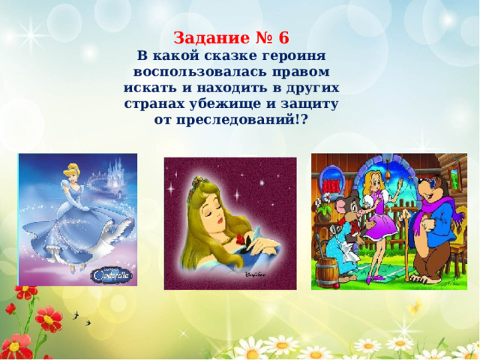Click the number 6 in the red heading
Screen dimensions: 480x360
point(283,38)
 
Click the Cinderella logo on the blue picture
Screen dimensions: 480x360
point(112,275)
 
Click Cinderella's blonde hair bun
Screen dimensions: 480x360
point(71,167)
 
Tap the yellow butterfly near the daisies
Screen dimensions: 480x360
point(414,307)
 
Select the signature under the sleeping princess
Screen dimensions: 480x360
point(255,274)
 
